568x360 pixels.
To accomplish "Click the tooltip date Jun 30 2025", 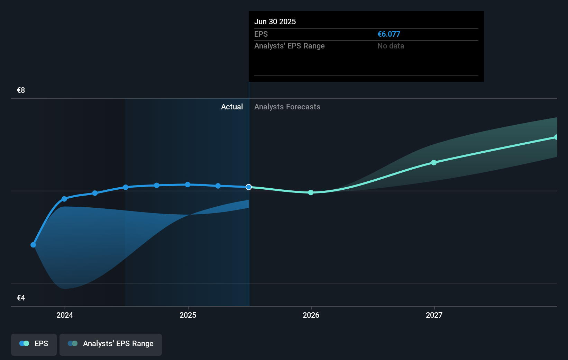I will click(x=275, y=21).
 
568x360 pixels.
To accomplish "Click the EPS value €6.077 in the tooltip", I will click(x=388, y=34).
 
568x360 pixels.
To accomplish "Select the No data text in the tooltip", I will click(x=391, y=46).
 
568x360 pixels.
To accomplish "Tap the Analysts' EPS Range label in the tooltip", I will click(x=289, y=46).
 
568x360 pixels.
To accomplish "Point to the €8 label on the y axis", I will click(x=21, y=90).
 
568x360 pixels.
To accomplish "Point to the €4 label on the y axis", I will click(x=21, y=298).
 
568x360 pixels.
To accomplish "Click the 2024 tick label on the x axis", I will click(x=65, y=315).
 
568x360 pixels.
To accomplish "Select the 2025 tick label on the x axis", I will click(x=188, y=315).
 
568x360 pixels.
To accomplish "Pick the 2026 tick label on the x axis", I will click(x=311, y=315).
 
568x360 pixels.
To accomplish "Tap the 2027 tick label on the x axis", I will click(x=434, y=315).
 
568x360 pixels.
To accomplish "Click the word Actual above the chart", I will click(x=232, y=107).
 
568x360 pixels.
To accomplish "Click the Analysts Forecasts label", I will click(x=287, y=107).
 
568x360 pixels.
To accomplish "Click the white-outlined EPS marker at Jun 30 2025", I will click(x=249, y=187).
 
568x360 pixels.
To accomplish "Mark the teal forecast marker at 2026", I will click(x=311, y=192).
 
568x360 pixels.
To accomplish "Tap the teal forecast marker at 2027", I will click(x=434, y=162).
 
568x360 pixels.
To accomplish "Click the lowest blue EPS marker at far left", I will click(x=33, y=245).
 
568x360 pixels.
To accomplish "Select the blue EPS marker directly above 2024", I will click(x=64, y=199).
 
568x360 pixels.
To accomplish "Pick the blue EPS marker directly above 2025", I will click(x=187, y=184).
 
